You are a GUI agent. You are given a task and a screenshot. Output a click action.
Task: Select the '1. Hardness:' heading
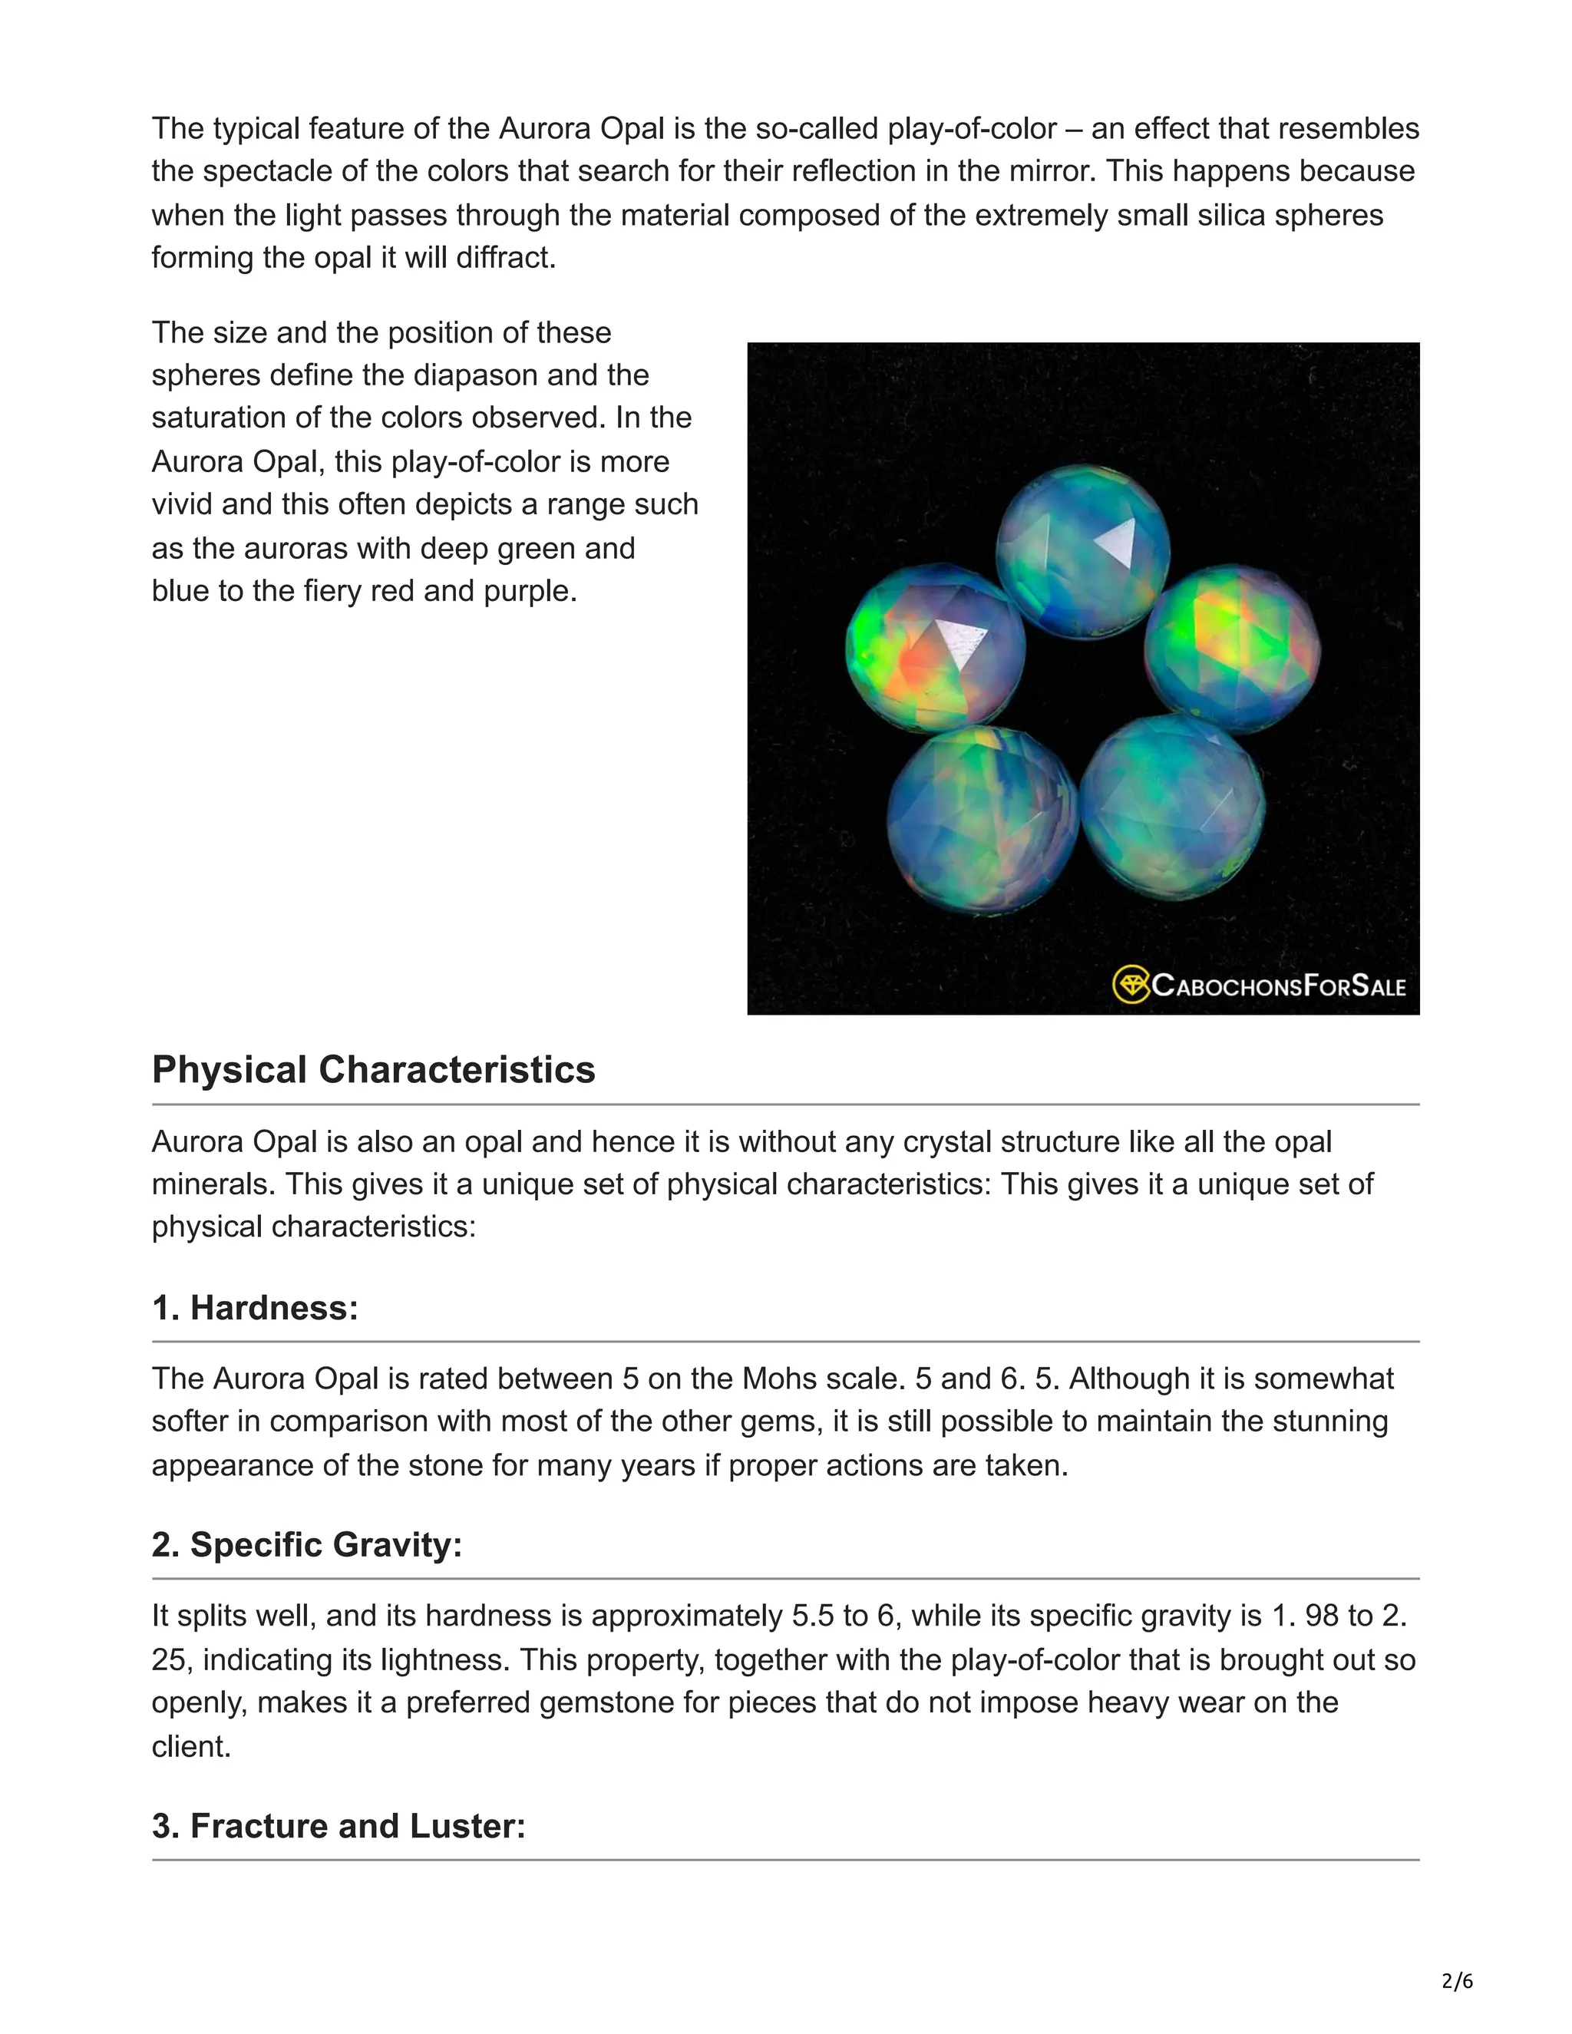pos(254,1309)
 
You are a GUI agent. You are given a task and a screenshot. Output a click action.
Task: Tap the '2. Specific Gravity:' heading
pos(306,1545)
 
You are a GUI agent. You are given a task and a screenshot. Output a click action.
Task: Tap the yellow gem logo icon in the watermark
pos(1131,985)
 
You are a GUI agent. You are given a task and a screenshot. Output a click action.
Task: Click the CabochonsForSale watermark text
pos(1279,986)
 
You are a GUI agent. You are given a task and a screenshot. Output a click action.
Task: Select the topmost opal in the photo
pos(1082,551)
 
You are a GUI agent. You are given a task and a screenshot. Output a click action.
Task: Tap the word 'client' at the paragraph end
pos(189,1746)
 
